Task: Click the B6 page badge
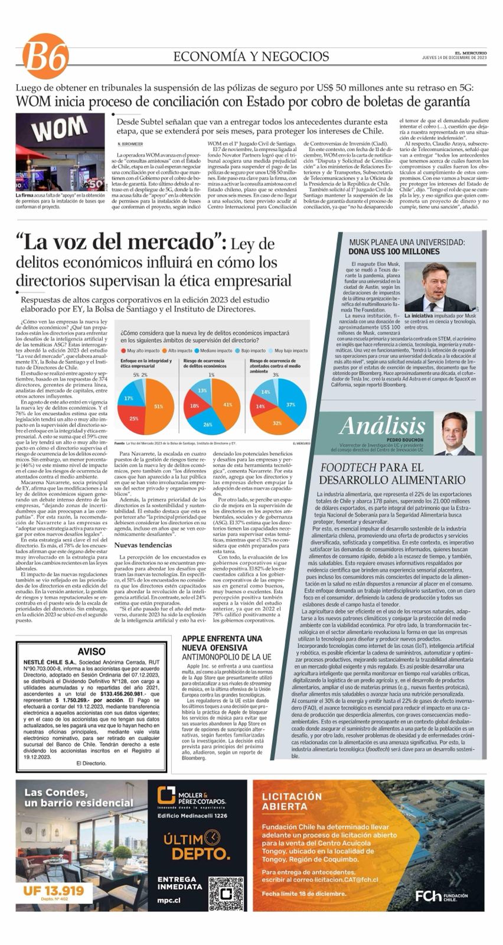click(x=45, y=57)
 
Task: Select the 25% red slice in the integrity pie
click(x=135, y=417)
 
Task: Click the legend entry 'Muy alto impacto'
click(x=139, y=350)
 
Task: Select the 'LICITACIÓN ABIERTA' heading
click(x=293, y=801)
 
